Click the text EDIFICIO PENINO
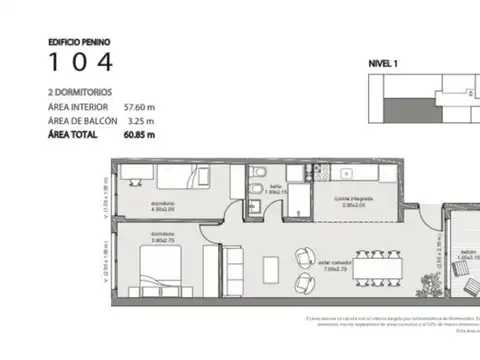click(77, 43)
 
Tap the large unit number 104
click(81, 63)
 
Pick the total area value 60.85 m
click(141, 131)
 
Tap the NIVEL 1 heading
click(383, 63)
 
